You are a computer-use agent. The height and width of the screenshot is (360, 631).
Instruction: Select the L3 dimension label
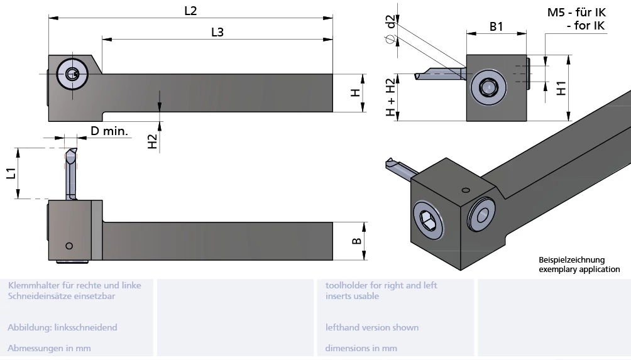coord(217,32)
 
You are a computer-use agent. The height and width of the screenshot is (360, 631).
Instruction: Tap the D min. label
coord(109,131)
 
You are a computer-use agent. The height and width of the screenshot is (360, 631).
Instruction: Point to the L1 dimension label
coord(11,173)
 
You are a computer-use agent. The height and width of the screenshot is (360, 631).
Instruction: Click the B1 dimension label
coord(497,26)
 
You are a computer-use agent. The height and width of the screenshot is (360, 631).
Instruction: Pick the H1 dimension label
coord(561,87)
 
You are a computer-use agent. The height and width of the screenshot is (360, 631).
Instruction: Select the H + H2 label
coord(391,99)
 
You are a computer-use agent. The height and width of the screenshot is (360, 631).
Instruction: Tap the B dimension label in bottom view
coord(356,241)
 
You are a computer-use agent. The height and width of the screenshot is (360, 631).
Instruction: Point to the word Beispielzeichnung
coord(571,259)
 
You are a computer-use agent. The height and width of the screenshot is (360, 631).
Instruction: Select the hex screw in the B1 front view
coord(486,87)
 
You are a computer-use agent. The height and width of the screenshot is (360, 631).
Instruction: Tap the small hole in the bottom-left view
coord(69,245)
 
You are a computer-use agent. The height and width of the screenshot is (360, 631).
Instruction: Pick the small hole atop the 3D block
coord(465,190)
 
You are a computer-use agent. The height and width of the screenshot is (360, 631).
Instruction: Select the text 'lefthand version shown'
coord(371,327)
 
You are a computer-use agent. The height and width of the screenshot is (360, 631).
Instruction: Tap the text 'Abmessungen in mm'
coord(49,348)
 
